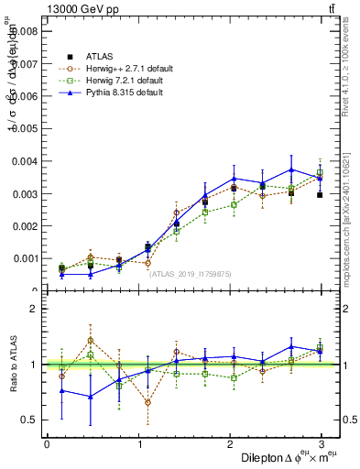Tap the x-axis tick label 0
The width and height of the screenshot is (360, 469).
(x=47, y=444)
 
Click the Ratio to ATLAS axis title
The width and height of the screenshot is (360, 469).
(x=11, y=365)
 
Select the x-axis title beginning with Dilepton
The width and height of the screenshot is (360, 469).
(x=286, y=458)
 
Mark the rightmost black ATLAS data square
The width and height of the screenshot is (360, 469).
(x=320, y=195)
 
